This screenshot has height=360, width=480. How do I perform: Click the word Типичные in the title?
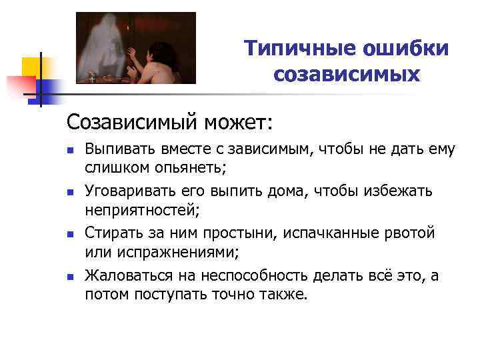295,49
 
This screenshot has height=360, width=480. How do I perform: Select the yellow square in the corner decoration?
33,68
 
